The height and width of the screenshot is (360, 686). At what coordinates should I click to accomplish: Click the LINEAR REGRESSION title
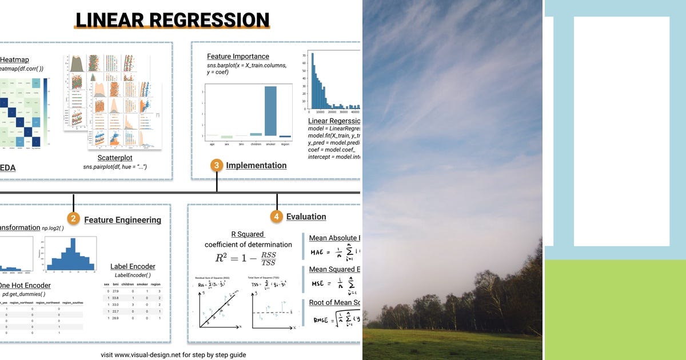pyautogui.click(x=173, y=20)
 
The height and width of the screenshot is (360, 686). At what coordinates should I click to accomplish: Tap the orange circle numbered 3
pyautogui.click(x=217, y=166)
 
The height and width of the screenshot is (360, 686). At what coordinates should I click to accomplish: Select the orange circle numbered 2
pyautogui.click(x=73, y=219)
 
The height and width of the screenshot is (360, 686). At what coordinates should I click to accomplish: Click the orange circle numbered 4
pyautogui.click(x=277, y=217)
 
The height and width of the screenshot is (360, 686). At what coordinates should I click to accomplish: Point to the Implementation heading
pyautogui.click(x=256, y=166)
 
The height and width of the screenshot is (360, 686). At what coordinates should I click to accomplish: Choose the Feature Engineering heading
pyautogui.click(x=122, y=220)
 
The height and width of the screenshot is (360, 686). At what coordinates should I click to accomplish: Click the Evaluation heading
pyautogui.click(x=306, y=217)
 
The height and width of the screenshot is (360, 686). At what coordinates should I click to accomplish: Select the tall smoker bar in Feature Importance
pyautogui.click(x=270, y=111)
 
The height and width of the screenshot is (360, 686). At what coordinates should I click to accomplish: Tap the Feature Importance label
pyautogui.click(x=238, y=57)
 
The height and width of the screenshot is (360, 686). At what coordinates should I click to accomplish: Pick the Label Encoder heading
pyautogui.click(x=133, y=266)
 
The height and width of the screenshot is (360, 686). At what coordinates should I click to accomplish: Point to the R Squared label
pyautogui.click(x=248, y=234)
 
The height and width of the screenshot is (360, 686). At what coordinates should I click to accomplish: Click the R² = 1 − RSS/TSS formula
pyautogui.click(x=245, y=258)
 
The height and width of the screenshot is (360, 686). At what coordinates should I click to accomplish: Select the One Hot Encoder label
pyautogui.click(x=25, y=285)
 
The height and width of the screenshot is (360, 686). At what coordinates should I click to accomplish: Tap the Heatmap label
pyautogui.click(x=14, y=59)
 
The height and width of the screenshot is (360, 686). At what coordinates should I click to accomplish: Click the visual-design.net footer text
pyautogui.click(x=173, y=355)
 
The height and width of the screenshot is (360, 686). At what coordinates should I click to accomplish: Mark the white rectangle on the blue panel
pyautogui.click(x=621, y=131)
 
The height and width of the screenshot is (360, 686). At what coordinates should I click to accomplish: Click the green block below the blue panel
pyautogui.click(x=615, y=309)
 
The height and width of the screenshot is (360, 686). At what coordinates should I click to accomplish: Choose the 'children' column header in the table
pyautogui.click(x=127, y=284)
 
